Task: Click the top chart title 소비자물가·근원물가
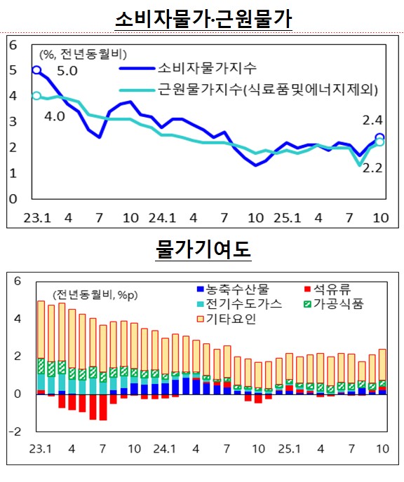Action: [203, 17]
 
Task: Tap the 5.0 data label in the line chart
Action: [67, 71]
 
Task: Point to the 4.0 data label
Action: [54, 116]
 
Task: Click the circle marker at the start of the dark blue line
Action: [37, 70]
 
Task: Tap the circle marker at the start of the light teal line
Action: [37, 96]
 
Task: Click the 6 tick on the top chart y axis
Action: [11, 45]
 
